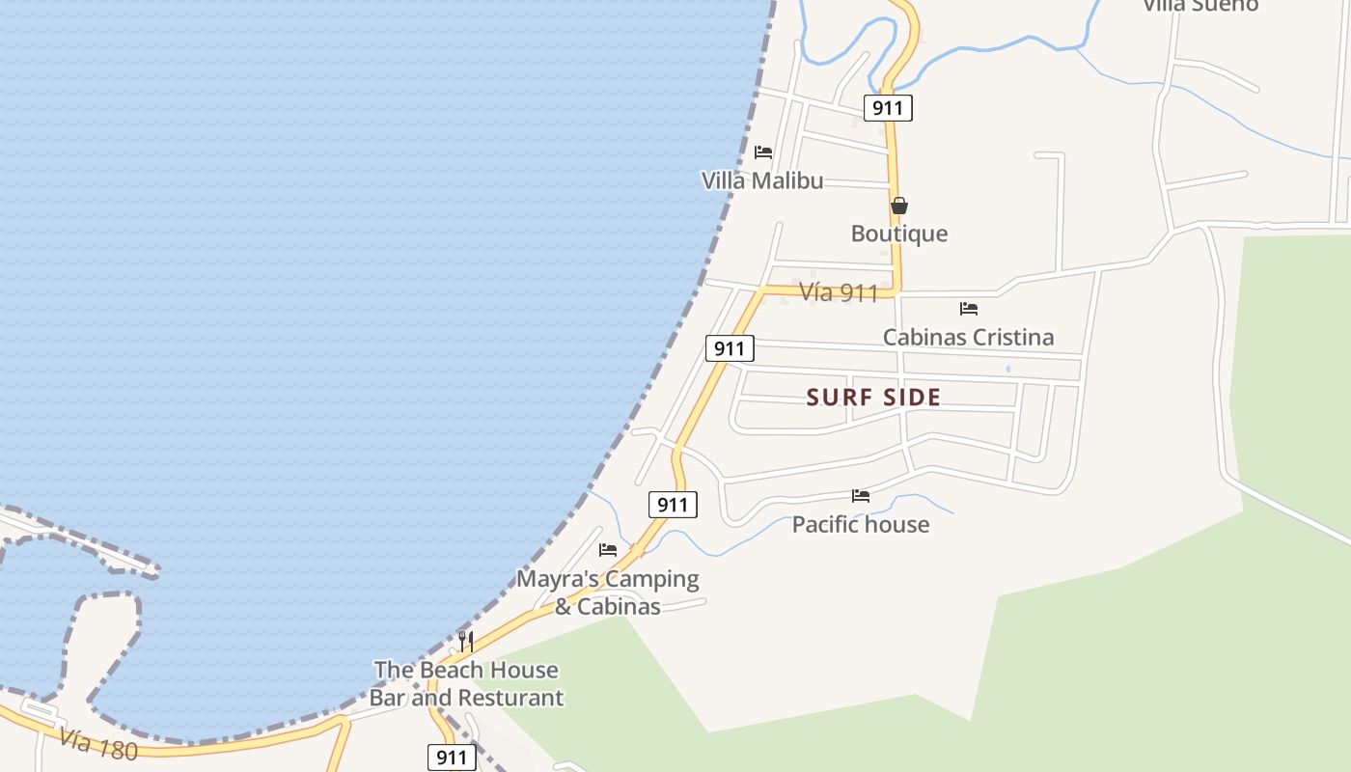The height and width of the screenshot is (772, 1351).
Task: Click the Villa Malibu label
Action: [762, 180]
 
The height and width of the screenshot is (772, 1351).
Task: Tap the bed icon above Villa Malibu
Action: [763, 152]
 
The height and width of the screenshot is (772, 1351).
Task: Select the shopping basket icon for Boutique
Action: [898, 206]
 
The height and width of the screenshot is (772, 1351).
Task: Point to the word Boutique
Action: [899, 234]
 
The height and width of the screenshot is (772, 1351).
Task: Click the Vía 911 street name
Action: [839, 292]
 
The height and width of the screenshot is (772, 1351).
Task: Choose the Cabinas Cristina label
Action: [968, 337]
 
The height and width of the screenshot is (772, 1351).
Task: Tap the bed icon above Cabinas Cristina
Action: [969, 309]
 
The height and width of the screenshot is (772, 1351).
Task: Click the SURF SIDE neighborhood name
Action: [873, 397]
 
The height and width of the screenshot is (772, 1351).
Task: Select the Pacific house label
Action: [861, 524]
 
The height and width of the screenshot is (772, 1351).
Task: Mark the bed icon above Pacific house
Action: [861, 496]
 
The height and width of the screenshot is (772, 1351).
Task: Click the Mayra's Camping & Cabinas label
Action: [608, 593]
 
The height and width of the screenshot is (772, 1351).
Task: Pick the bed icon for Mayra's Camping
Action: [608, 550]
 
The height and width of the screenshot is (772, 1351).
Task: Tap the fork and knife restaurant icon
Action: [465, 641]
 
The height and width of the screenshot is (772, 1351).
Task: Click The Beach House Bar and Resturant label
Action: [466, 683]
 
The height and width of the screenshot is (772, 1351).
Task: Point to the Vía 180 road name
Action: [97, 744]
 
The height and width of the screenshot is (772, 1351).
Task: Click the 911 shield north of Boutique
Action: [887, 107]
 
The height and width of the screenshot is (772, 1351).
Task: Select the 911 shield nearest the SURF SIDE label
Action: [729, 348]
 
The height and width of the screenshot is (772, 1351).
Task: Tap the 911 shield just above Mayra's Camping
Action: [673, 504]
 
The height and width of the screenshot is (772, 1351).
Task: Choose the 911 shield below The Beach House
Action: [452, 758]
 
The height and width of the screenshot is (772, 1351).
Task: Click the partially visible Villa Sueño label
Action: [1200, 6]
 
